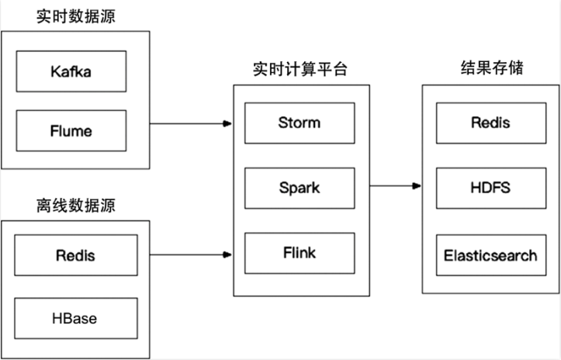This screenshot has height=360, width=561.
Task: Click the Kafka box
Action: pos(71,72)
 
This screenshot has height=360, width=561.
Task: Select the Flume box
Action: pos(71,130)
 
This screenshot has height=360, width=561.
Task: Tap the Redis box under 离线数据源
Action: pos(76,255)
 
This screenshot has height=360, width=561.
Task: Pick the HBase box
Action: pos(76,319)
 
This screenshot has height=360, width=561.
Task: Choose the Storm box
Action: pos(299,122)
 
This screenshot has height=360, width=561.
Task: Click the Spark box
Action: pos(299,188)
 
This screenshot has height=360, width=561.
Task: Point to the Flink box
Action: pos(299,253)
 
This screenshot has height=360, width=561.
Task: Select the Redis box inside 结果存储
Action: pos(490,122)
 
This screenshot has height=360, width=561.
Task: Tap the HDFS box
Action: pos(490,188)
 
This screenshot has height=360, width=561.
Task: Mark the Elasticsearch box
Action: pos(490,254)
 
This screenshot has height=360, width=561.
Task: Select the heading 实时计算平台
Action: pos(300,69)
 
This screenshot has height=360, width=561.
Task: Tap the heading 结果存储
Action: pos(491,68)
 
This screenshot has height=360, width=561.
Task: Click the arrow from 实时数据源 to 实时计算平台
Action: pos(191,123)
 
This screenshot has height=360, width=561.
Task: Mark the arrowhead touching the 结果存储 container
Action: pos(417,186)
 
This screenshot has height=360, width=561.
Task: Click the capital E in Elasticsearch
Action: pos(448,254)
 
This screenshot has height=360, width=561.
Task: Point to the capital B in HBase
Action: pos(66,319)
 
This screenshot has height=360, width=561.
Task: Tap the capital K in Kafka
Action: pos(54,72)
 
